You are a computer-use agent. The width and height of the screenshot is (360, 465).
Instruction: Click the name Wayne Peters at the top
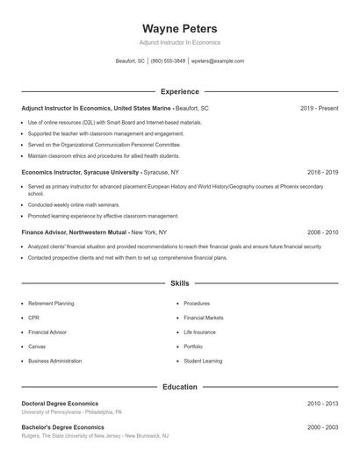coord(179,28)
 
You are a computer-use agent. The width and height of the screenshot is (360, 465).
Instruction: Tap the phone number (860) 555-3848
coord(168,61)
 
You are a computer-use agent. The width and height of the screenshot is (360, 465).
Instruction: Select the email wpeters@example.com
coord(218,61)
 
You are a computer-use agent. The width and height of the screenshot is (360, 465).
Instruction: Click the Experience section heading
coord(179,91)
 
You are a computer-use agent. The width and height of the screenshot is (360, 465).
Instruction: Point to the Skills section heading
coord(179,283)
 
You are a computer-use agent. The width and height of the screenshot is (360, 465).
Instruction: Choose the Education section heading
coord(179,386)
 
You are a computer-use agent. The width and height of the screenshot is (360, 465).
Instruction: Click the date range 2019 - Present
coord(319,108)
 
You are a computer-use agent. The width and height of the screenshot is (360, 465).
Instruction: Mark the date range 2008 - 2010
coord(322,232)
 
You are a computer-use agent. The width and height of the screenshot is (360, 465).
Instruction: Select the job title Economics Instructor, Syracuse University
coord(80,173)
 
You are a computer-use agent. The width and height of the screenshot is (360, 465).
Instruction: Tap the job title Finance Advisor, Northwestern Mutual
coord(75,232)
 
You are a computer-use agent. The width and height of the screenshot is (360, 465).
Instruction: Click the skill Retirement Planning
coord(51,303)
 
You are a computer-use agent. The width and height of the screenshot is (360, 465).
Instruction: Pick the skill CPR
coord(33,318)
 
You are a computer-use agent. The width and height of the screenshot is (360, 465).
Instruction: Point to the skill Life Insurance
coord(199,333)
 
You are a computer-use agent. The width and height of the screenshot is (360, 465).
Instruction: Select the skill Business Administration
coord(54,361)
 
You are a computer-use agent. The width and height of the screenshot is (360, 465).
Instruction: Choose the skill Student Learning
coord(203,361)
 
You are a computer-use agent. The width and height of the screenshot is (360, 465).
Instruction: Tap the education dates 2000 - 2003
coord(322,426)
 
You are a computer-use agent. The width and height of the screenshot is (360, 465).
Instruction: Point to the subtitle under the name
coord(179,42)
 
